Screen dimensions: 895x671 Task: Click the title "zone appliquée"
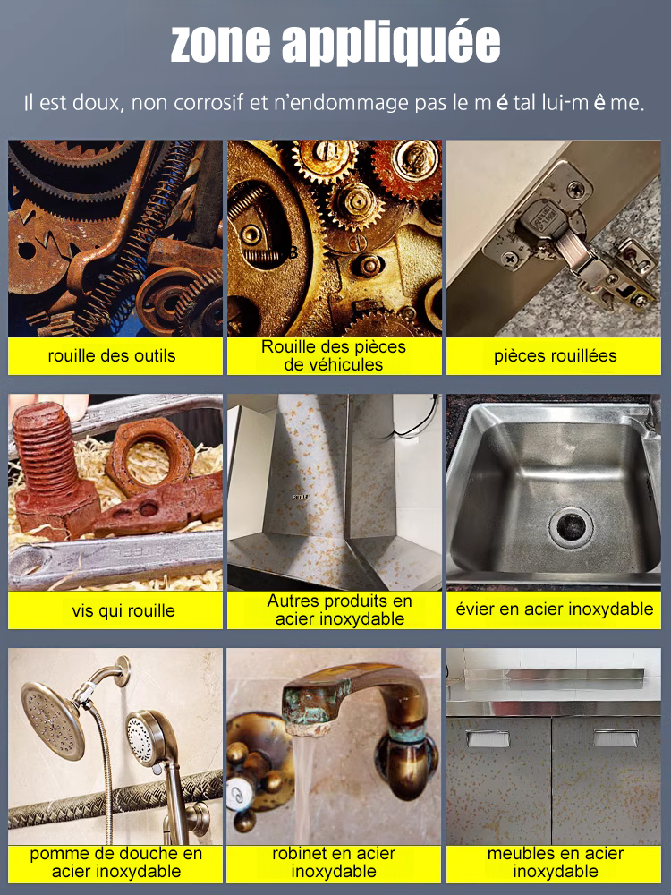(x=335, y=42)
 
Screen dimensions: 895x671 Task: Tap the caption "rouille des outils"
(x=112, y=355)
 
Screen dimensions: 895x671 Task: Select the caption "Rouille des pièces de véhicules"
(x=334, y=355)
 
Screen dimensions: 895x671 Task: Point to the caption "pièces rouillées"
(x=555, y=355)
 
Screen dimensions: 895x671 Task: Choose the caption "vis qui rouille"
(x=112, y=611)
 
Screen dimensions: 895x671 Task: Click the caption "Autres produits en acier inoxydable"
(x=334, y=610)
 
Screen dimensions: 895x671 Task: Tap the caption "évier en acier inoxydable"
(x=555, y=609)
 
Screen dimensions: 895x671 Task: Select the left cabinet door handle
(x=487, y=738)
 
